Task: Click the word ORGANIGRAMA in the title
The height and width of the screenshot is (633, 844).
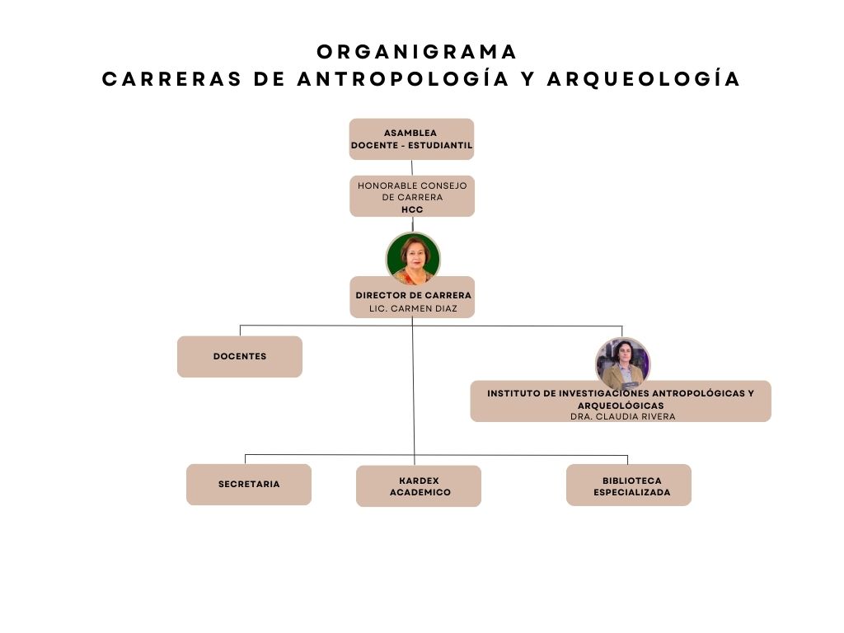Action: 416,52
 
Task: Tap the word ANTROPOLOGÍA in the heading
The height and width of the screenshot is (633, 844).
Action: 403,79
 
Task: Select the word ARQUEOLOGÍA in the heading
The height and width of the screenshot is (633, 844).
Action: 644,79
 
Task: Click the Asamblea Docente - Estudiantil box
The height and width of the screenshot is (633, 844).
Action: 412,139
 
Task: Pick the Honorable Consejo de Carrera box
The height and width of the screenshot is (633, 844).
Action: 412,196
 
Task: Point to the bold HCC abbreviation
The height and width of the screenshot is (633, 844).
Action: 412,210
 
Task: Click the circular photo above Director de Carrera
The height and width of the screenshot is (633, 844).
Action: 413,258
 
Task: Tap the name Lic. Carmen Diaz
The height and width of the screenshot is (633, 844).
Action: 413,308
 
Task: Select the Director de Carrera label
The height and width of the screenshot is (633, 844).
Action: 414,296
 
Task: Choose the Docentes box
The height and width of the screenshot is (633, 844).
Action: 240,357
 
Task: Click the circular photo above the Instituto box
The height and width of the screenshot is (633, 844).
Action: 623,363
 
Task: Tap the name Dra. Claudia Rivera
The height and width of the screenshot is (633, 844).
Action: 623,416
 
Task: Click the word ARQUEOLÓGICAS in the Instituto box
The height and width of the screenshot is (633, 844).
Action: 621,406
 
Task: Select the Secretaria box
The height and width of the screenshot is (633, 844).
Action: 249,485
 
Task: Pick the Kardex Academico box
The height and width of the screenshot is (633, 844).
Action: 419,486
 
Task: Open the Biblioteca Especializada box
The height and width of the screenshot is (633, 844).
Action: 629,485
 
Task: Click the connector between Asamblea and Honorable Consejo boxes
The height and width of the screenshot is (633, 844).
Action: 412,168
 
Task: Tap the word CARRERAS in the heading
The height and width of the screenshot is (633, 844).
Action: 172,79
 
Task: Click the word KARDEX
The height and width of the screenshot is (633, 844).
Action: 420,481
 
